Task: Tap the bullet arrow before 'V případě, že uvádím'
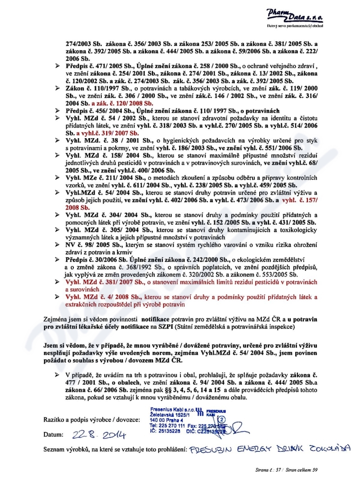point(58,374)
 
